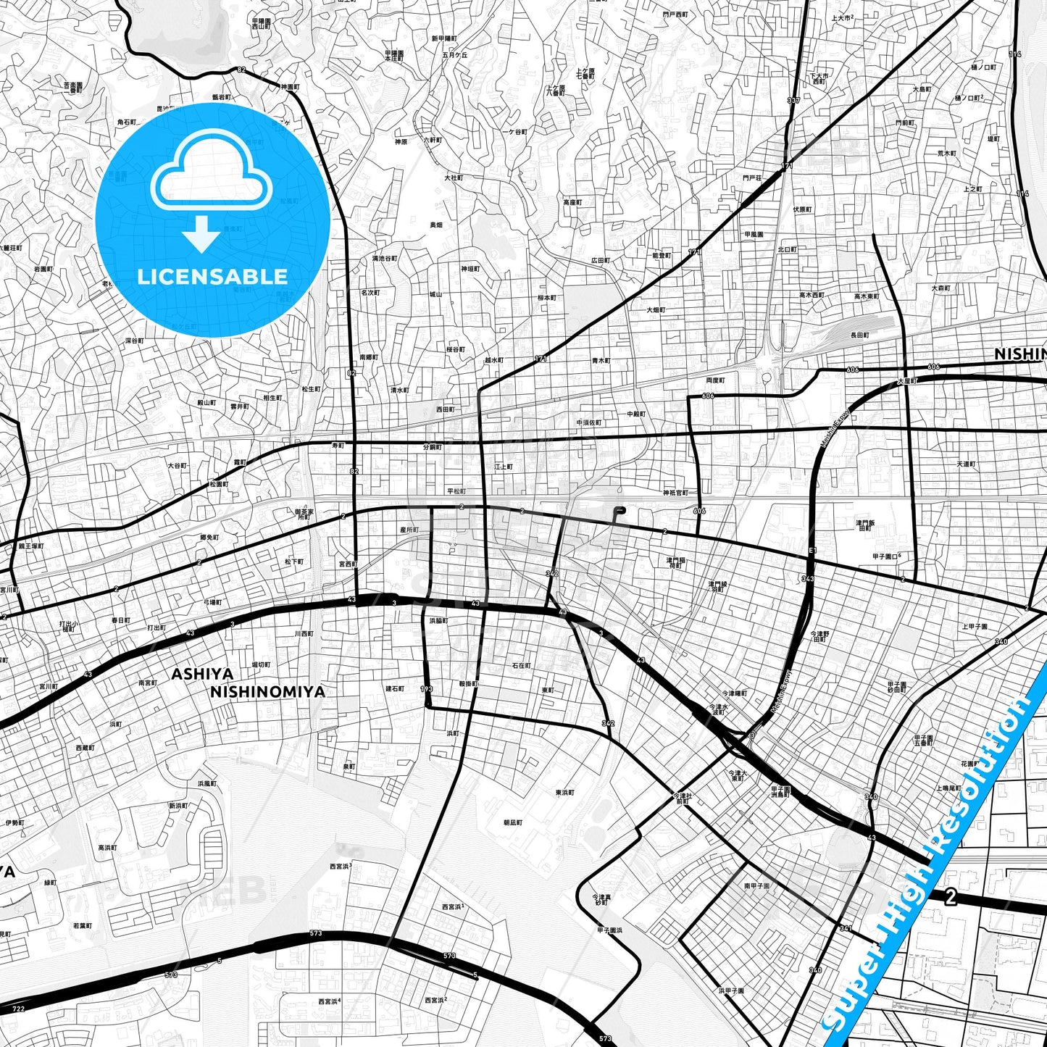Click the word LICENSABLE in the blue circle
click(212, 277)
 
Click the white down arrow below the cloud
click(201, 234)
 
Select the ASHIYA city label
click(202, 675)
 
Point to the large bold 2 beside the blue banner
click(951, 897)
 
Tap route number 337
click(793, 100)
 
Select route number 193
click(427, 688)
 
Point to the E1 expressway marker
click(812, 551)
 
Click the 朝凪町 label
click(512, 823)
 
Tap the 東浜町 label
click(564, 793)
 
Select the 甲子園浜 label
click(609, 930)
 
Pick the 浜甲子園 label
click(731, 990)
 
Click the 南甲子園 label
click(756, 885)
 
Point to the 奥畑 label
click(435, 225)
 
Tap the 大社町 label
click(453, 177)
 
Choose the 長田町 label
click(859, 335)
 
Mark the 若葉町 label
click(83, 925)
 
